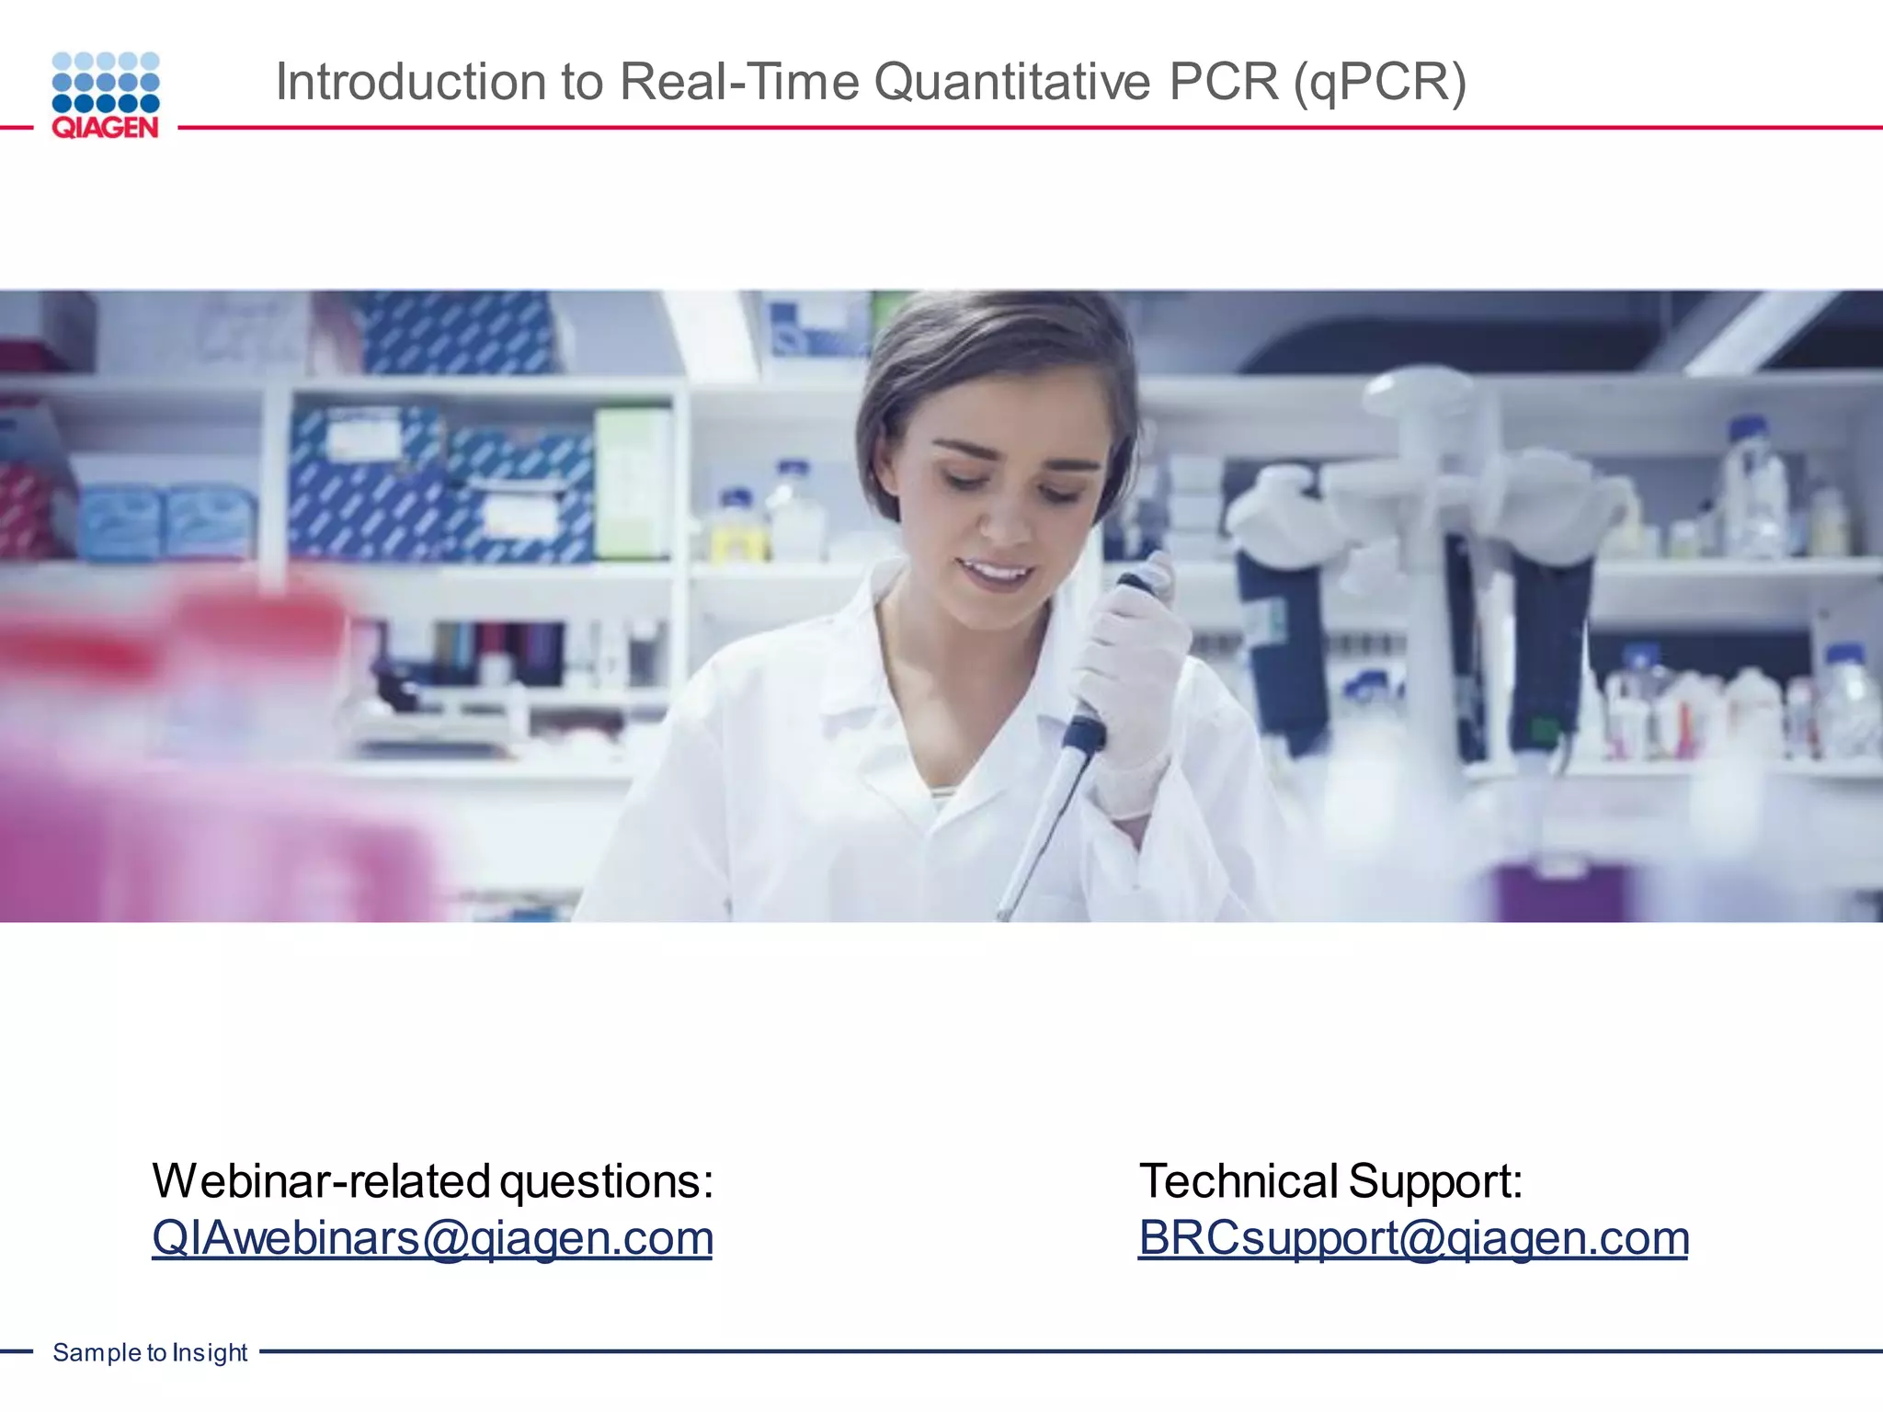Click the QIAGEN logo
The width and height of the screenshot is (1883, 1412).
106,95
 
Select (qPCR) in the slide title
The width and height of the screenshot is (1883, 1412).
1379,81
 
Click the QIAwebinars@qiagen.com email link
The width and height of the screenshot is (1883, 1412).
432,1237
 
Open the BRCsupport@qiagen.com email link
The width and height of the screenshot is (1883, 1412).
1413,1237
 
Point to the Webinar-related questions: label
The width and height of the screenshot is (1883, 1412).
432,1180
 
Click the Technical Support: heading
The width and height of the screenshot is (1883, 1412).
1330,1180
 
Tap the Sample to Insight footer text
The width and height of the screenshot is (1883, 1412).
150,1352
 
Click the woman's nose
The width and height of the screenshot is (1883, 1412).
1007,519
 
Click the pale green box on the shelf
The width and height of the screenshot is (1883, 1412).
633,483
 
